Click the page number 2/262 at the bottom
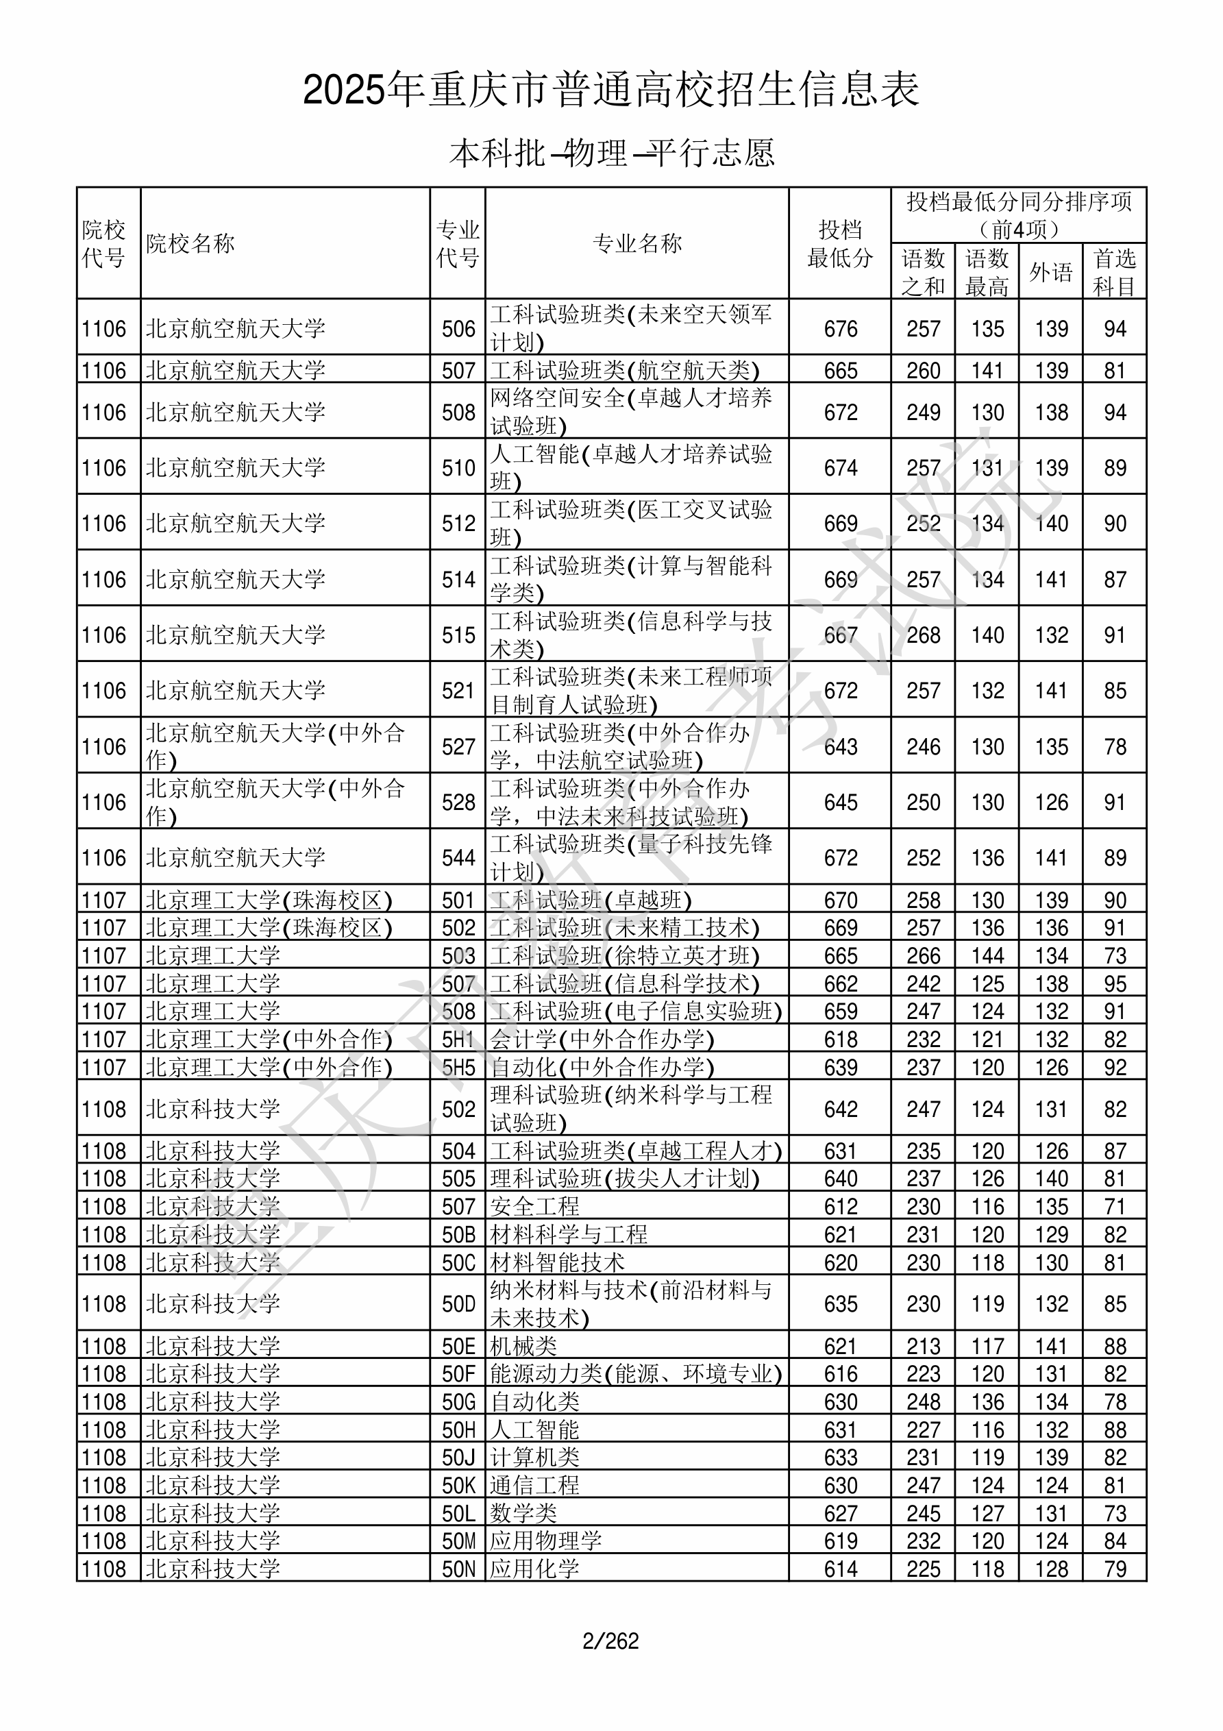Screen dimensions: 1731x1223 point(610,1641)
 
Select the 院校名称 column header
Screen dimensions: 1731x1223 point(190,243)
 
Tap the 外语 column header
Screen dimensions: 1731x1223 point(1050,272)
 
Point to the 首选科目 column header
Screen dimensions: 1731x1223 point(1115,272)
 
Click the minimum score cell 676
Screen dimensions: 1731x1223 point(840,329)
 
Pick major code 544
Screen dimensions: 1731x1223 point(458,858)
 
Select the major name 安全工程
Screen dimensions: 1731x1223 point(534,1206)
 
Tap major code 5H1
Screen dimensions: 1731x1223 point(458,1040)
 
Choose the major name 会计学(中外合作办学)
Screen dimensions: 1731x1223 point(602,1040)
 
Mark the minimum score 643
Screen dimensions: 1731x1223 point(840,747)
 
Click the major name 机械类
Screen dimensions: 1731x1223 point(523,1346)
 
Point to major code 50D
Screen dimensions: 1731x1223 point(458,1303)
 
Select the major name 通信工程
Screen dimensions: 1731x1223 point(534,1485)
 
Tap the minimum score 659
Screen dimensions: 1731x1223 point(840,1011)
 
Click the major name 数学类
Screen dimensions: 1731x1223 point(523,1513)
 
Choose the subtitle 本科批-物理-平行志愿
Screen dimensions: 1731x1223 point(611,153)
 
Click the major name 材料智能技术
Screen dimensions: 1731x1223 point(557,1262)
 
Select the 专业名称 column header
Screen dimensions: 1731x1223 point(637,243)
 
